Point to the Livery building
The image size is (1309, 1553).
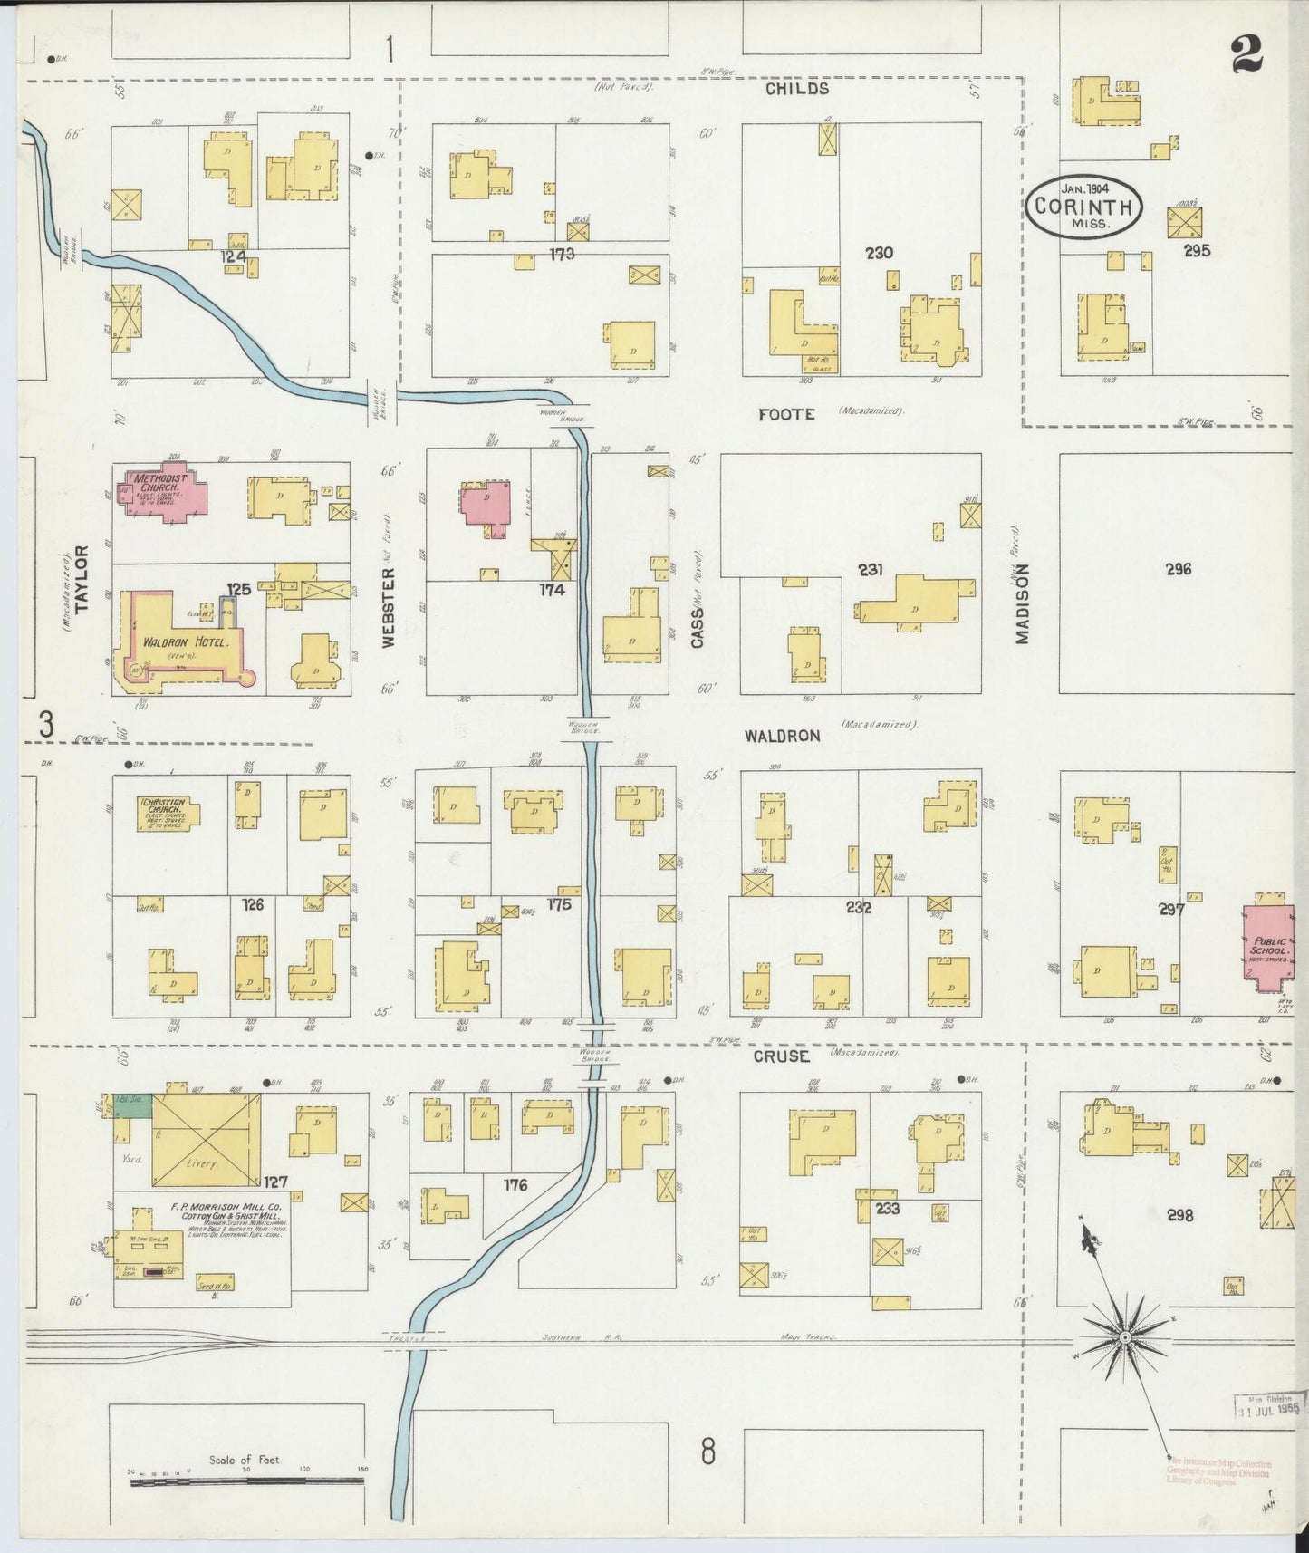206,1140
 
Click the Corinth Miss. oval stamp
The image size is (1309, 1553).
1083,207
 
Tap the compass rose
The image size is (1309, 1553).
1123,1337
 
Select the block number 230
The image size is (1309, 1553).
879,253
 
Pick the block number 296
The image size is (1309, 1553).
1179,569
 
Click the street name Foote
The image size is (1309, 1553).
786,414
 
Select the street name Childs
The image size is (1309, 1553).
796,89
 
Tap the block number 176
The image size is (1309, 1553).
515,1184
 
